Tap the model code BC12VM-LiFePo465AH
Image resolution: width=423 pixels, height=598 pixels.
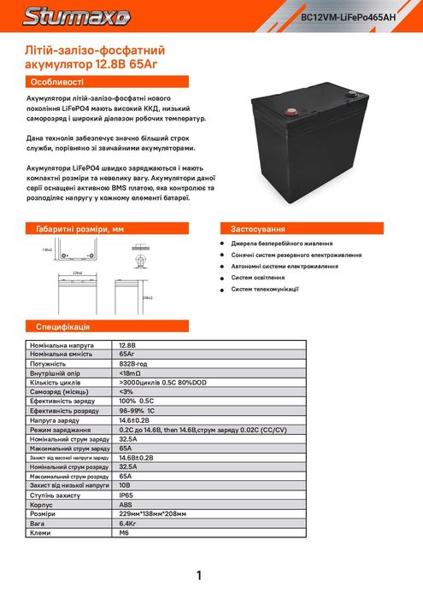(x=359, y=17)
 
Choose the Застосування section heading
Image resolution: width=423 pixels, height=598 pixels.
(x=257, y=229)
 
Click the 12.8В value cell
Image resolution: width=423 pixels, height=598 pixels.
(x=129, y=344)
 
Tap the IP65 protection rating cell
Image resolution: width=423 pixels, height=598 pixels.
(x=128, y=495)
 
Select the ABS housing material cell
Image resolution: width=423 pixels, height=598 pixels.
(x=127, y=505)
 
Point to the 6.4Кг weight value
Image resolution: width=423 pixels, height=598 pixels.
(x=129, y=524)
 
